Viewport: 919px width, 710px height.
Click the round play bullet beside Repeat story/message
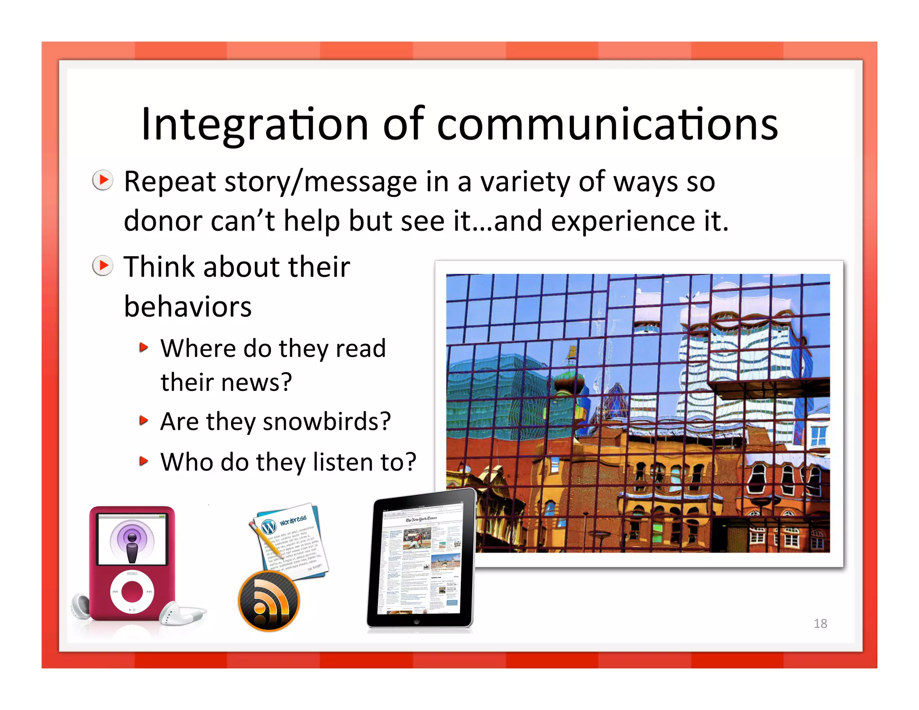point(103,180)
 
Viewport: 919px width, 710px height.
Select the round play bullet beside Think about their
point(103,266)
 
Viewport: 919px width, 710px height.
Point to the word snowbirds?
point(327,422)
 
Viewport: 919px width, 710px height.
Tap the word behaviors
point(188,307)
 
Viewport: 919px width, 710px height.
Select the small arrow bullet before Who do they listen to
point(143,461)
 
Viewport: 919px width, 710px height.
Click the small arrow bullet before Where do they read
point(143,347)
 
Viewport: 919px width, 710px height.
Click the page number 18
point(820,623)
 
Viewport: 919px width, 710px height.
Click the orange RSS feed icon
point(269,601)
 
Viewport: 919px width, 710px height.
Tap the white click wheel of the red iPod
point(132,592)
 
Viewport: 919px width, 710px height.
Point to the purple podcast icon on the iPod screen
point(132,540)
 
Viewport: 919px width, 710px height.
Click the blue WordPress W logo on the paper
point(268,526)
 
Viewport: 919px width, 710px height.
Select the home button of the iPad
point(416,622)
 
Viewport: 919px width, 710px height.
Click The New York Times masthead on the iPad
point(421,519)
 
